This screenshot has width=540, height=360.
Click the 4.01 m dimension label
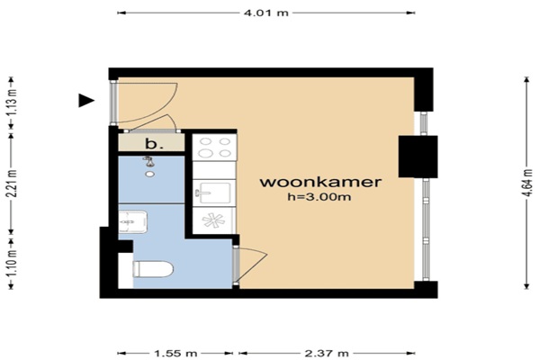[x=265, y=13]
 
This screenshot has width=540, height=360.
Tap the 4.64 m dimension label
[x=526, y=183]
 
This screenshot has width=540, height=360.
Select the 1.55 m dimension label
[x=175, y=354]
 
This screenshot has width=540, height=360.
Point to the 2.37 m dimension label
[x=327, y=354]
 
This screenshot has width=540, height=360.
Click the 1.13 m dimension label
[x=12, y=103]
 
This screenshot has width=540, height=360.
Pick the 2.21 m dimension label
[x=12, y=184]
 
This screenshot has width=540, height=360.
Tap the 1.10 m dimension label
[x=12, y=263]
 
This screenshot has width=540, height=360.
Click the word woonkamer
[x=320, y=182]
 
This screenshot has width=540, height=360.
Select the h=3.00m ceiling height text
[x=319, y=197]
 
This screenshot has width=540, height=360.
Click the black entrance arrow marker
[x=86, y=100]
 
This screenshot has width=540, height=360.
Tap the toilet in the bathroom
[x=153, y=269]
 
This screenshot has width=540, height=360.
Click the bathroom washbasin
[x=133, y=222]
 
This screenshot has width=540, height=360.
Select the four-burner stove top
[x=214, y=147]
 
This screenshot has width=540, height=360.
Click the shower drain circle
[x=149, y=175]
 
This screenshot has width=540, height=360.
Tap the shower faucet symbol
[x=148, y=161]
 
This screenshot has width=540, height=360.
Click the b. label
[x=154, y=144]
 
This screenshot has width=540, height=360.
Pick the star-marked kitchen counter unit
[x=214, y=220]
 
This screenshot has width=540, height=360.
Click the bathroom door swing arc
[x=254, y=265]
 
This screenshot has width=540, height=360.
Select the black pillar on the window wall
[x=418, y=157]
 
